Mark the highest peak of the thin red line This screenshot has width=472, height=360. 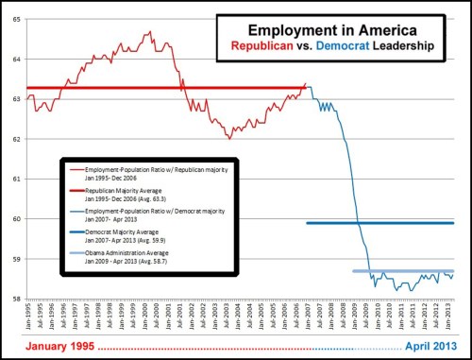coord(150,32)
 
